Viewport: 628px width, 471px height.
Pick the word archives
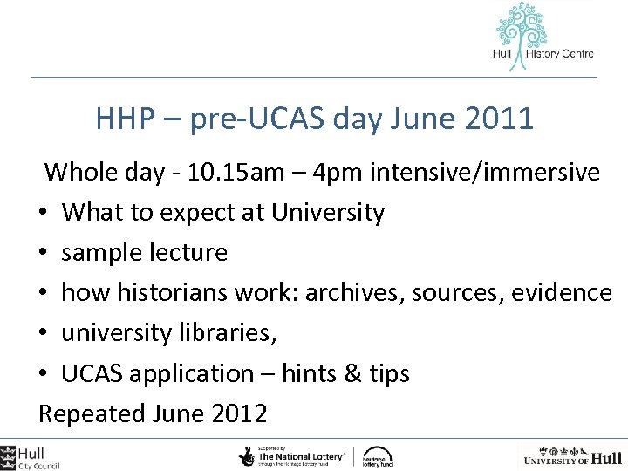pyautogui.click(x=340, y=292)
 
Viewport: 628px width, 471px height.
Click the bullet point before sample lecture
pyautogui.click(x=44, y=253)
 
